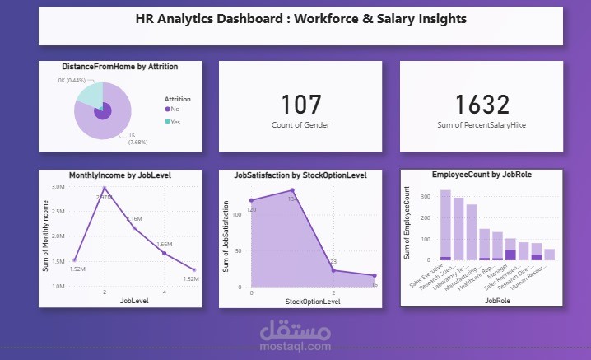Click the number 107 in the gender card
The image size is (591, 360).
click(x=300, y=105)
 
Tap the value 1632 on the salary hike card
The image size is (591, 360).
click(x=482, y=105)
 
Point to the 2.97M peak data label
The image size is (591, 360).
click(x=104, y=198)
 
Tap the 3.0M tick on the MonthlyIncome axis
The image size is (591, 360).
click(x=58, y=187)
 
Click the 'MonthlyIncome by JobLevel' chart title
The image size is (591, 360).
click(x=119, y=175)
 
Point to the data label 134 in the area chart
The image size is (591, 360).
click(x=291, y=199)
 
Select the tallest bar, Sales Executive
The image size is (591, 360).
click(x=445, y=225)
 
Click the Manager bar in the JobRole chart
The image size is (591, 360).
click(x=510, y=246)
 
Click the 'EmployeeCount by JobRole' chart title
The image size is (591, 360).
click(x=481, y=175)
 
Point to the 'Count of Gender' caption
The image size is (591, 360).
click(x=300, y=124)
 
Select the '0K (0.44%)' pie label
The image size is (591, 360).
click(x=72, y=79)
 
